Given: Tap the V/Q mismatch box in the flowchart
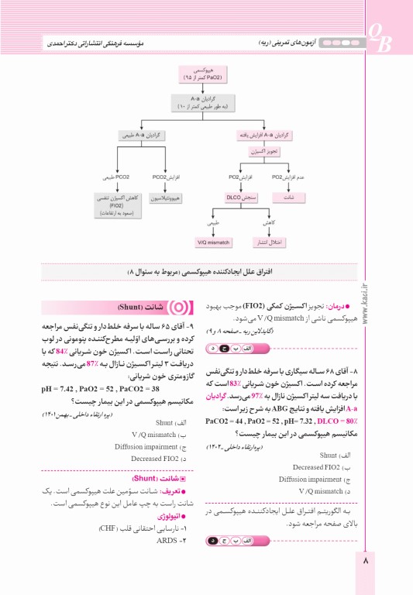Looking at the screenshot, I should (214, 242).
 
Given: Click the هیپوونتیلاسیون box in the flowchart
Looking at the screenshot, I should (167, 198).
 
